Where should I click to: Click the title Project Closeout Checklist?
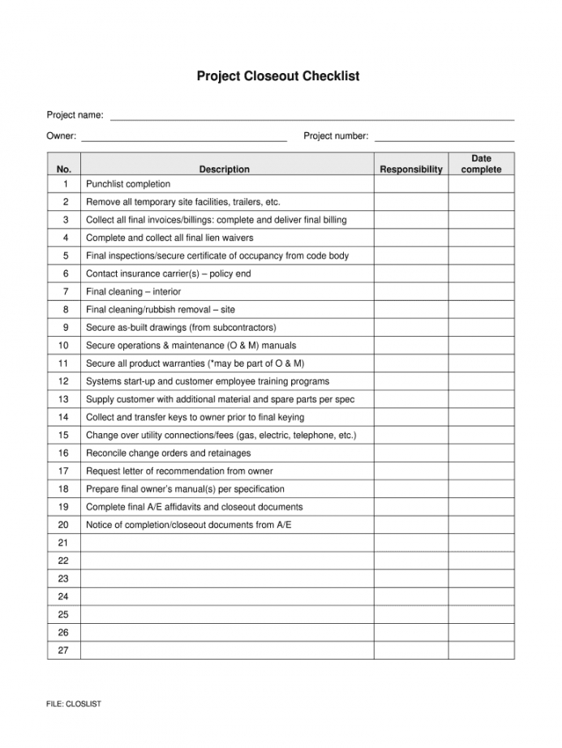tap(278, 76)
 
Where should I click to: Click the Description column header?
tap(225, 170)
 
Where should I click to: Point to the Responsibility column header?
tap(411, 170)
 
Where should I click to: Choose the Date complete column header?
tap(481, 164)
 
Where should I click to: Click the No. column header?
tap(64, 170)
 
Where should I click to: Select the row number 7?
tap(64, 291)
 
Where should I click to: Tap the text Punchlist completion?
tap(128, 184)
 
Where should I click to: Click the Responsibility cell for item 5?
tap(411, 256)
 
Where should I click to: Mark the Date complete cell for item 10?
tap(481, 345)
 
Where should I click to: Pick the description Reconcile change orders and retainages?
tap(169, 453)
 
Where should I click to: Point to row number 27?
tap(64, 650)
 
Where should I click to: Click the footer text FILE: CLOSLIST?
tap(74, 704)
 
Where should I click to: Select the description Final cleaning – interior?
tap(134, 291)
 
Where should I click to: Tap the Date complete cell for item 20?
tap(481, 524)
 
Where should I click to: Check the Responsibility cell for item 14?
tap(411, 417)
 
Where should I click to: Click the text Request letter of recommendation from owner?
tap(179, 471)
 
